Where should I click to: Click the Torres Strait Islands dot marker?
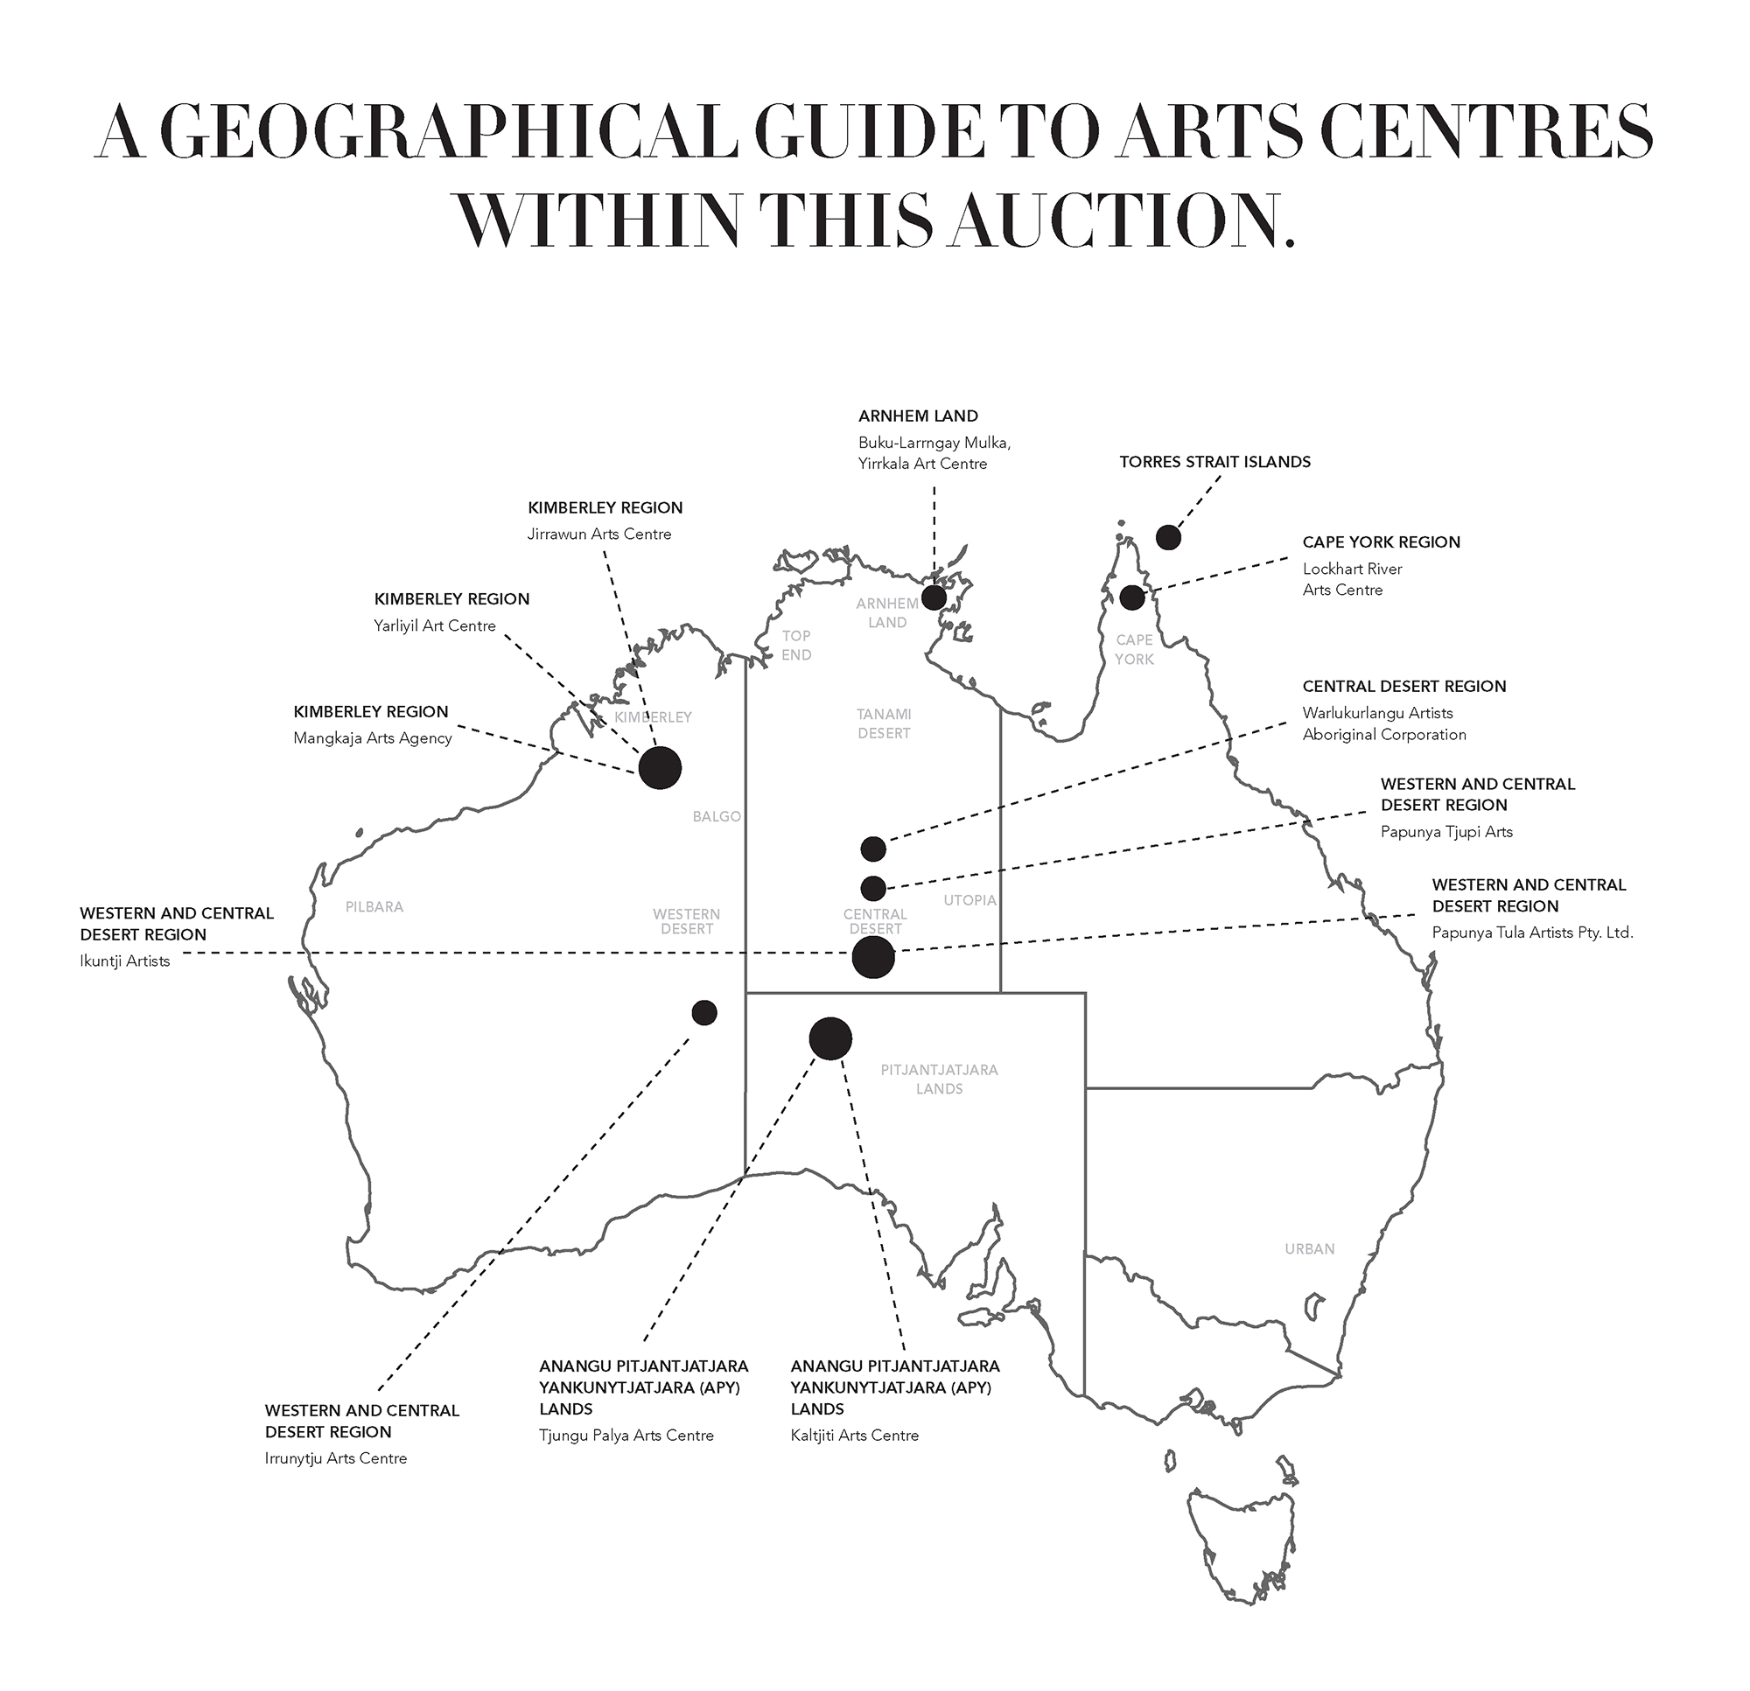1168,537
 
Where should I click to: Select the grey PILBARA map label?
374,907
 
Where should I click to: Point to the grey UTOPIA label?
969,900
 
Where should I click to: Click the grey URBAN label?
1310,1249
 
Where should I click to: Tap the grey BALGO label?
716,816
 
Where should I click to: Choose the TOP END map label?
796,646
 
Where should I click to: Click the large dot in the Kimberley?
660,768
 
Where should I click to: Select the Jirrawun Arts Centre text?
599,534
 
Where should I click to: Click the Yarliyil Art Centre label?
434,625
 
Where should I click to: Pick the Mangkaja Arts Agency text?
373,738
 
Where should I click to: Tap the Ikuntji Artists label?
124,961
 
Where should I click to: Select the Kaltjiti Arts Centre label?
855,1436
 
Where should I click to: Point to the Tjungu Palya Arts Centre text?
626,1436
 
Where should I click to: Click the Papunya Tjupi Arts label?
1446,832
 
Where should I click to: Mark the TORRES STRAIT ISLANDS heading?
1215,462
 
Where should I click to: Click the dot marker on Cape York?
1132,597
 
